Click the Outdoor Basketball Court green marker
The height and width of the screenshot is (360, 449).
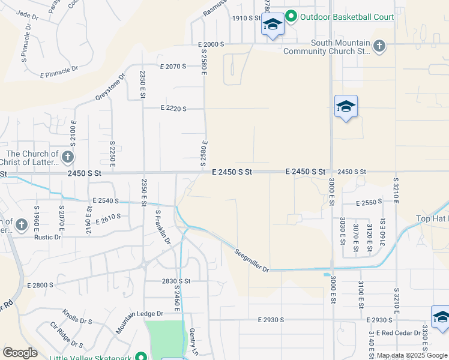tap(291, 17)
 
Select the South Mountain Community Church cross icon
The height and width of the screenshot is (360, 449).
tap(379, 46)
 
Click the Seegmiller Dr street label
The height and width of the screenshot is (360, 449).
tap(251, 260)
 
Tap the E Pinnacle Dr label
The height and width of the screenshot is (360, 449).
tap(59, 72)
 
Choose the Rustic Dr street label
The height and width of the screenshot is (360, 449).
tap(49, 237)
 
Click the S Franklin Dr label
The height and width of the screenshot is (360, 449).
tap(163, 227)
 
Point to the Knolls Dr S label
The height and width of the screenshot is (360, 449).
tap(77, 317)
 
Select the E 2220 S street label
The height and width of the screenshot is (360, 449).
tap(173, 109)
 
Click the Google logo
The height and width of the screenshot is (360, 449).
tap(20, 352)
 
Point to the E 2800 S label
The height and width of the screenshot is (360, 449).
tap(38, 285)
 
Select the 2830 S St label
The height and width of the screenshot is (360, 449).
tap(176, 281)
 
